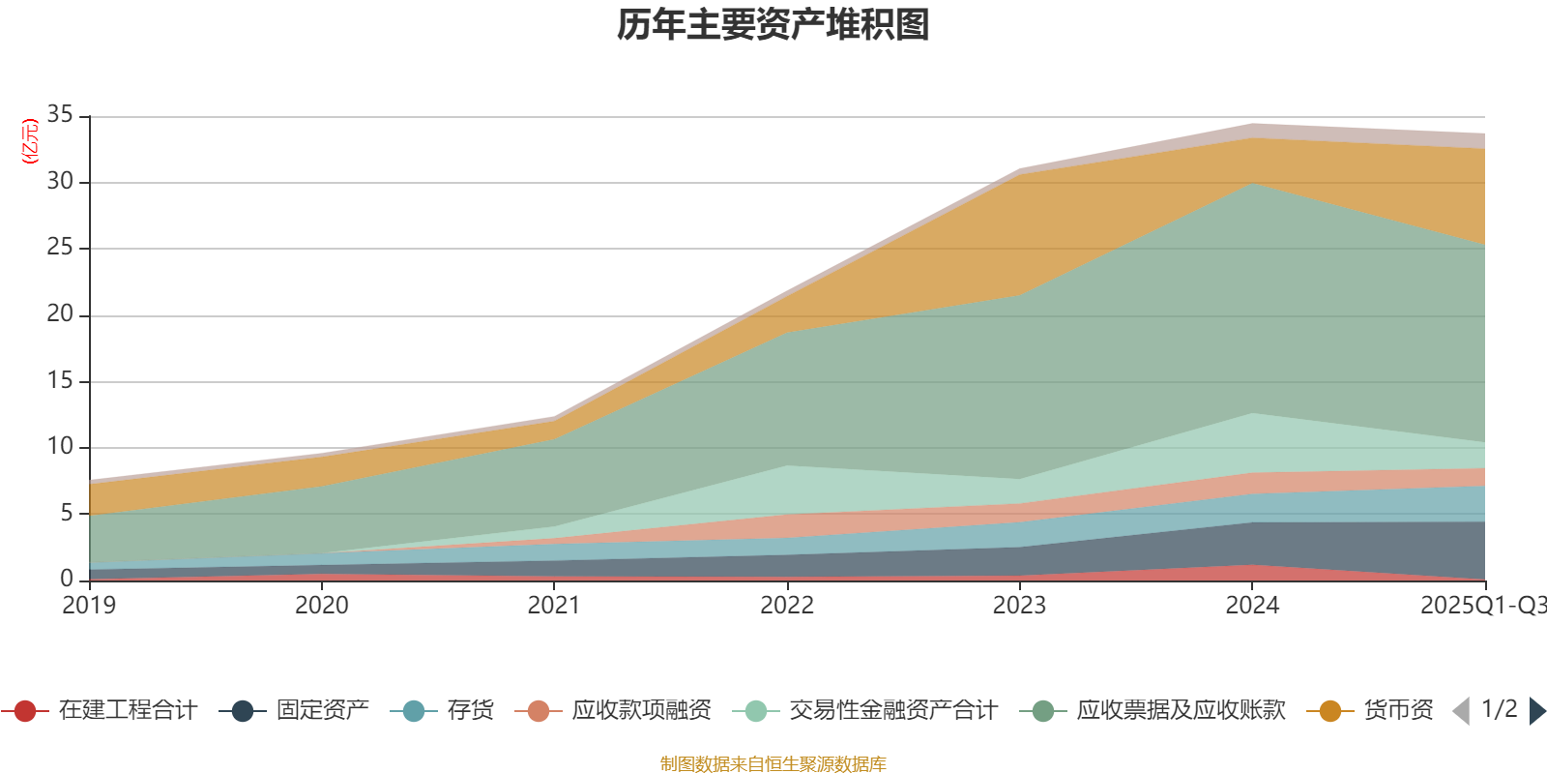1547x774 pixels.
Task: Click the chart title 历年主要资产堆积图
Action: (773, 25)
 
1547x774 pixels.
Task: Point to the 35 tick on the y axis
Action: (60, 115)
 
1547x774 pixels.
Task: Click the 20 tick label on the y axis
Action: (60, 314)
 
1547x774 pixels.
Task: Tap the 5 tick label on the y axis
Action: (67, 513)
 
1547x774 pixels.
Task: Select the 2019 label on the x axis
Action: (89, 606)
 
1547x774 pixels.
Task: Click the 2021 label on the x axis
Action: (554, 606)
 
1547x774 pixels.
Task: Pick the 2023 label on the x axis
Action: (1019, 606)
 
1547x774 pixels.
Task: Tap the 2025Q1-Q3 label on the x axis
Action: (1482, 606)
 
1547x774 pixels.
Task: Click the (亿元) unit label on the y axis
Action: (30, 141)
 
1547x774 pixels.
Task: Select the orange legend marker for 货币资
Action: (1329, 712)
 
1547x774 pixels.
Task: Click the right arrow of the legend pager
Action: (1536, 711)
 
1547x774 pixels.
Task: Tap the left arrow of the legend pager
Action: (1461, 711)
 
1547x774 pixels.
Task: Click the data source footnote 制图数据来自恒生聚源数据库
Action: (773, 764)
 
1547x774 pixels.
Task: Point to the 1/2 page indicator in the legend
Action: (1499, 709)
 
